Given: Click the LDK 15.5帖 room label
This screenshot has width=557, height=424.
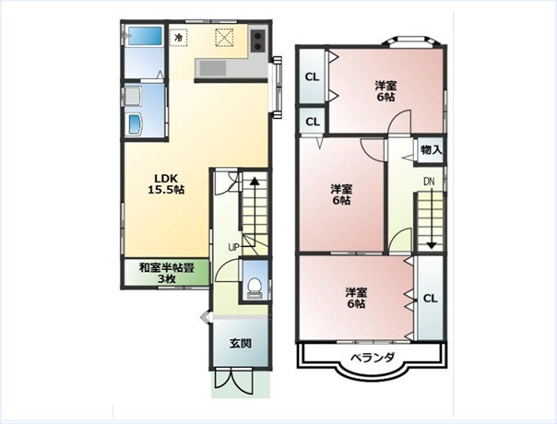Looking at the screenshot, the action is click(166, 184).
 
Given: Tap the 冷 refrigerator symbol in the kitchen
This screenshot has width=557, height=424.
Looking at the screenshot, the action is click(180, 37).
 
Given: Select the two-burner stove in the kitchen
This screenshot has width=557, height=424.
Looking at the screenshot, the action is click(258, 41).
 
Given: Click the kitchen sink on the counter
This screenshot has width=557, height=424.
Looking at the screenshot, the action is click(212, 68).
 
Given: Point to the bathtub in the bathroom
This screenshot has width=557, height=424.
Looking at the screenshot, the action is click(145, 36).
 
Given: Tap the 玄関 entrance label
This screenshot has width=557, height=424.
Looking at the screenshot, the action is click(241, 344).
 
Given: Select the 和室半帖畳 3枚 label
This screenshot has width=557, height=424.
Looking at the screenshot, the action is click(166, 273).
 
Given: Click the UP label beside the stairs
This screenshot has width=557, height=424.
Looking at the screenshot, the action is click(233, 247).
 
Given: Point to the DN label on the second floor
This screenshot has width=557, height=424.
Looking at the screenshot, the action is click(429, 182).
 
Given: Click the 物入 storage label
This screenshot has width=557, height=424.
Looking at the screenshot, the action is click(431, 150).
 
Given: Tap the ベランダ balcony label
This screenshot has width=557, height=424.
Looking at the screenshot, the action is click(373, 357).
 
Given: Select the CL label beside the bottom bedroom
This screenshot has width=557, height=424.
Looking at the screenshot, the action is click(430, 299).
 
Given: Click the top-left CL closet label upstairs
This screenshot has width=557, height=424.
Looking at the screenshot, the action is click(313, 77).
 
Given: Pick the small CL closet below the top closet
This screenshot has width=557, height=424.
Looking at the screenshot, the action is click(313, 122).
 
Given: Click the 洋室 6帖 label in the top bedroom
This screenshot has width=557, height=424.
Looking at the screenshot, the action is click(385, 91).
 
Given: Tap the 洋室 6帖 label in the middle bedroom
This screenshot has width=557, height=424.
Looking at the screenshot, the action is click(341, 194).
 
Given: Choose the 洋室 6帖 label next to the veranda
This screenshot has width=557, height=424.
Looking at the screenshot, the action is click(356, 298).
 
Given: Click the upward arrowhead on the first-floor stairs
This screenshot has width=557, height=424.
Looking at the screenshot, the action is click(254, 181).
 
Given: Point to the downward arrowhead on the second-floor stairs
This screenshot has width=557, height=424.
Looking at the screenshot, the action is click(432, 245).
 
